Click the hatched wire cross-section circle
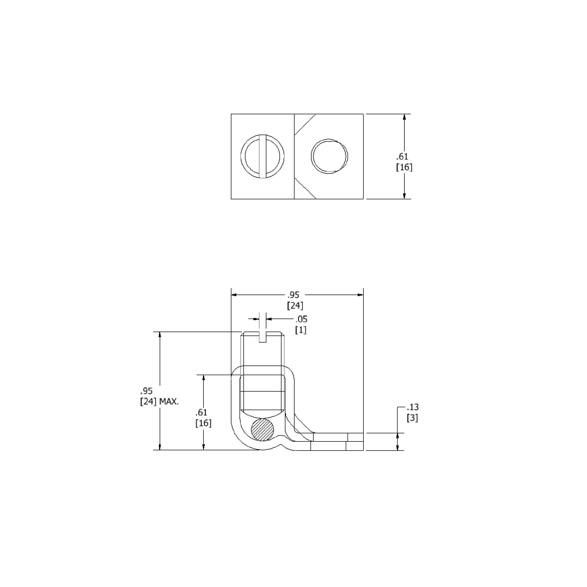click(262, 429)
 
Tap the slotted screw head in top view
click(262, 156)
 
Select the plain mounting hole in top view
click(329, 156)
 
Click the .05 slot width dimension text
click(301, 319)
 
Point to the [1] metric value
click(301, 330)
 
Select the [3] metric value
click(412, 418)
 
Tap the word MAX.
click(169, 402)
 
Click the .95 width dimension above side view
click(293, 295)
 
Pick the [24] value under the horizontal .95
click(295, 306)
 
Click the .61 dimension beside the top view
click(402, 157)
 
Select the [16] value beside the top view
click(404, 167)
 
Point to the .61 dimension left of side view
click(201, 412)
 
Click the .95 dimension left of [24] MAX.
click(146, 391)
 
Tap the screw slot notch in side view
click(263, 337)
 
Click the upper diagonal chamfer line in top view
click(305, 124)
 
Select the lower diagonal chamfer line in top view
click(305, 188)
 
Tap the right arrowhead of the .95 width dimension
click(360, 295)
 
